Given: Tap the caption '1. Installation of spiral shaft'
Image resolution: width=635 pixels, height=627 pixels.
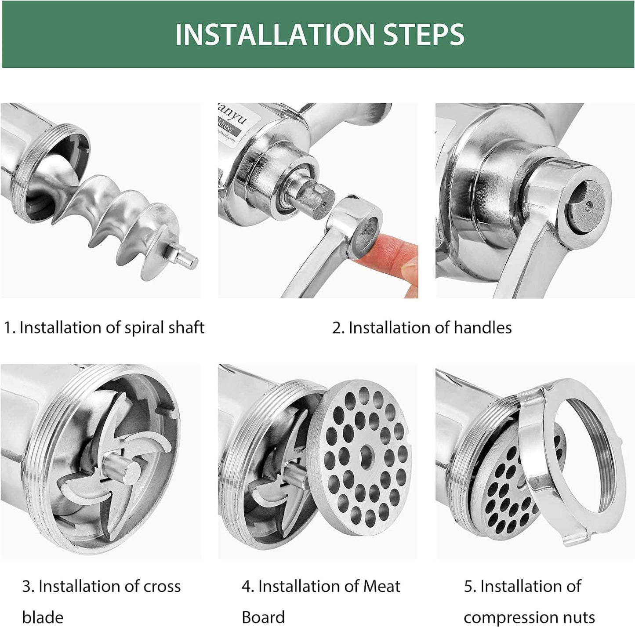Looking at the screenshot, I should [104, 328].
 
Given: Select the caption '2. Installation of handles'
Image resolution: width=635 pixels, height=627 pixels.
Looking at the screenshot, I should [421, 328].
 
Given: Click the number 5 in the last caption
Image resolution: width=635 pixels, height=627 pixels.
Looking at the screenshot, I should [468, 587].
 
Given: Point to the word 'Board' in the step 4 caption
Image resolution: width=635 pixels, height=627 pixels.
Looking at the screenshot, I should [263, 617].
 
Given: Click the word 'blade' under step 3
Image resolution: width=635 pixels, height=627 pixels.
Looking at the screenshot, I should [43, 617].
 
